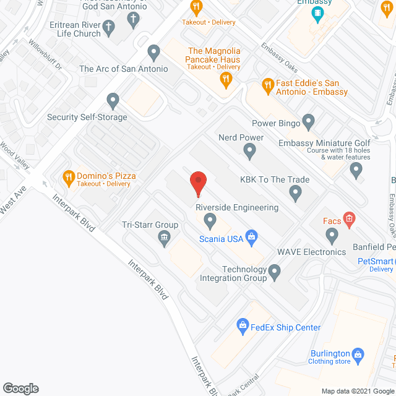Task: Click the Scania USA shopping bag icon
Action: click(251, 235)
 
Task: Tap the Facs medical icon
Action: click(349, 218)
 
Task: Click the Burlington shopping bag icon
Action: click(357, 353)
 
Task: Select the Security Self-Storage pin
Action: click(113, 99)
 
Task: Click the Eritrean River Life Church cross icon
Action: click(109, 27)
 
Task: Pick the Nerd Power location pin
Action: click(249, 150)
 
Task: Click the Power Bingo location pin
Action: click(309, 121)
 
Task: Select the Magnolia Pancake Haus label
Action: click(213, 54)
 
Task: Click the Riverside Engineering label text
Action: click(237, 208)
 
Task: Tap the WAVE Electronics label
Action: click(311, 252)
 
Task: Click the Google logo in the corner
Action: click(20, 389)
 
